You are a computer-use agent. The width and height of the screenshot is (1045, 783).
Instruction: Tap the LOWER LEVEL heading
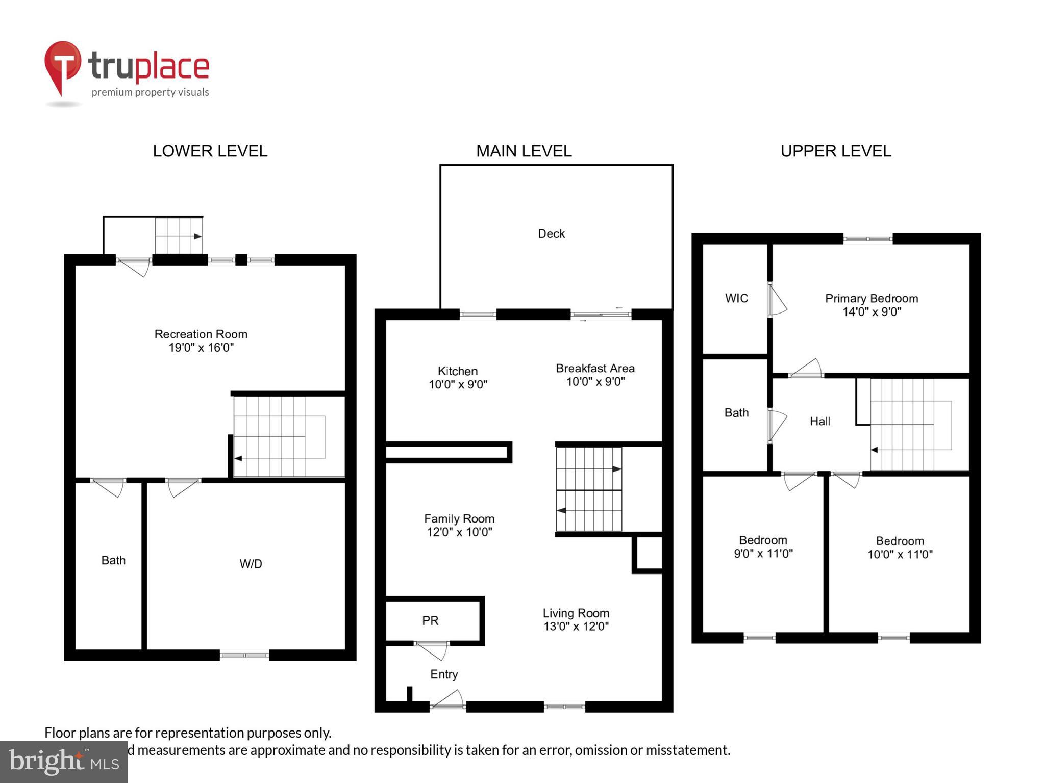pos(210,151)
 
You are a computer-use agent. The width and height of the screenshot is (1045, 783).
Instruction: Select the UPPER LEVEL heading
pos(835,151)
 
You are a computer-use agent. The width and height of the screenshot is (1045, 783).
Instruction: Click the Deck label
pos(551,234)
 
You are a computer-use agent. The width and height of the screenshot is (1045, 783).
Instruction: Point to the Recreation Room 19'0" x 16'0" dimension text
pos(201,348)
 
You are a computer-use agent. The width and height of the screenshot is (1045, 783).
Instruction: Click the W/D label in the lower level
pos(251,564)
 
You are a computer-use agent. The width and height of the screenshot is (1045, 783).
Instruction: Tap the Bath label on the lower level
pos(113,561)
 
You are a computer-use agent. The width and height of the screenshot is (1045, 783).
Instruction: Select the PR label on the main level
pos(430,621)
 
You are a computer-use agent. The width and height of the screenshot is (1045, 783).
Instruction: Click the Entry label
pos(444,674)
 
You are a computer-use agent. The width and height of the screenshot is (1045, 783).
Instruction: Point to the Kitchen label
pos(458,371)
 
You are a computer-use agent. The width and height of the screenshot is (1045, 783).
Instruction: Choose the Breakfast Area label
pos(595,368)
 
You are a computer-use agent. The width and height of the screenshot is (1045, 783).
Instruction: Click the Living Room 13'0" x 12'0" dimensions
pos(576,627)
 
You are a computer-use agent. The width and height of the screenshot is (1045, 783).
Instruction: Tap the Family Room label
pos(459,519)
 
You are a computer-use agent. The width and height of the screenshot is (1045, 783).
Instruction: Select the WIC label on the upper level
pos(736,298)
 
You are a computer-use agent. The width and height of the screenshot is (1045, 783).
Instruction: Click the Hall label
pos(819,422)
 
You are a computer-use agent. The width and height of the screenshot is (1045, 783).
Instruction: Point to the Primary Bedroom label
pos(872,299)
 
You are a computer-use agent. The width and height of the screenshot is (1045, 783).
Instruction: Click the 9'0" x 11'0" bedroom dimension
pos(763,554)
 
